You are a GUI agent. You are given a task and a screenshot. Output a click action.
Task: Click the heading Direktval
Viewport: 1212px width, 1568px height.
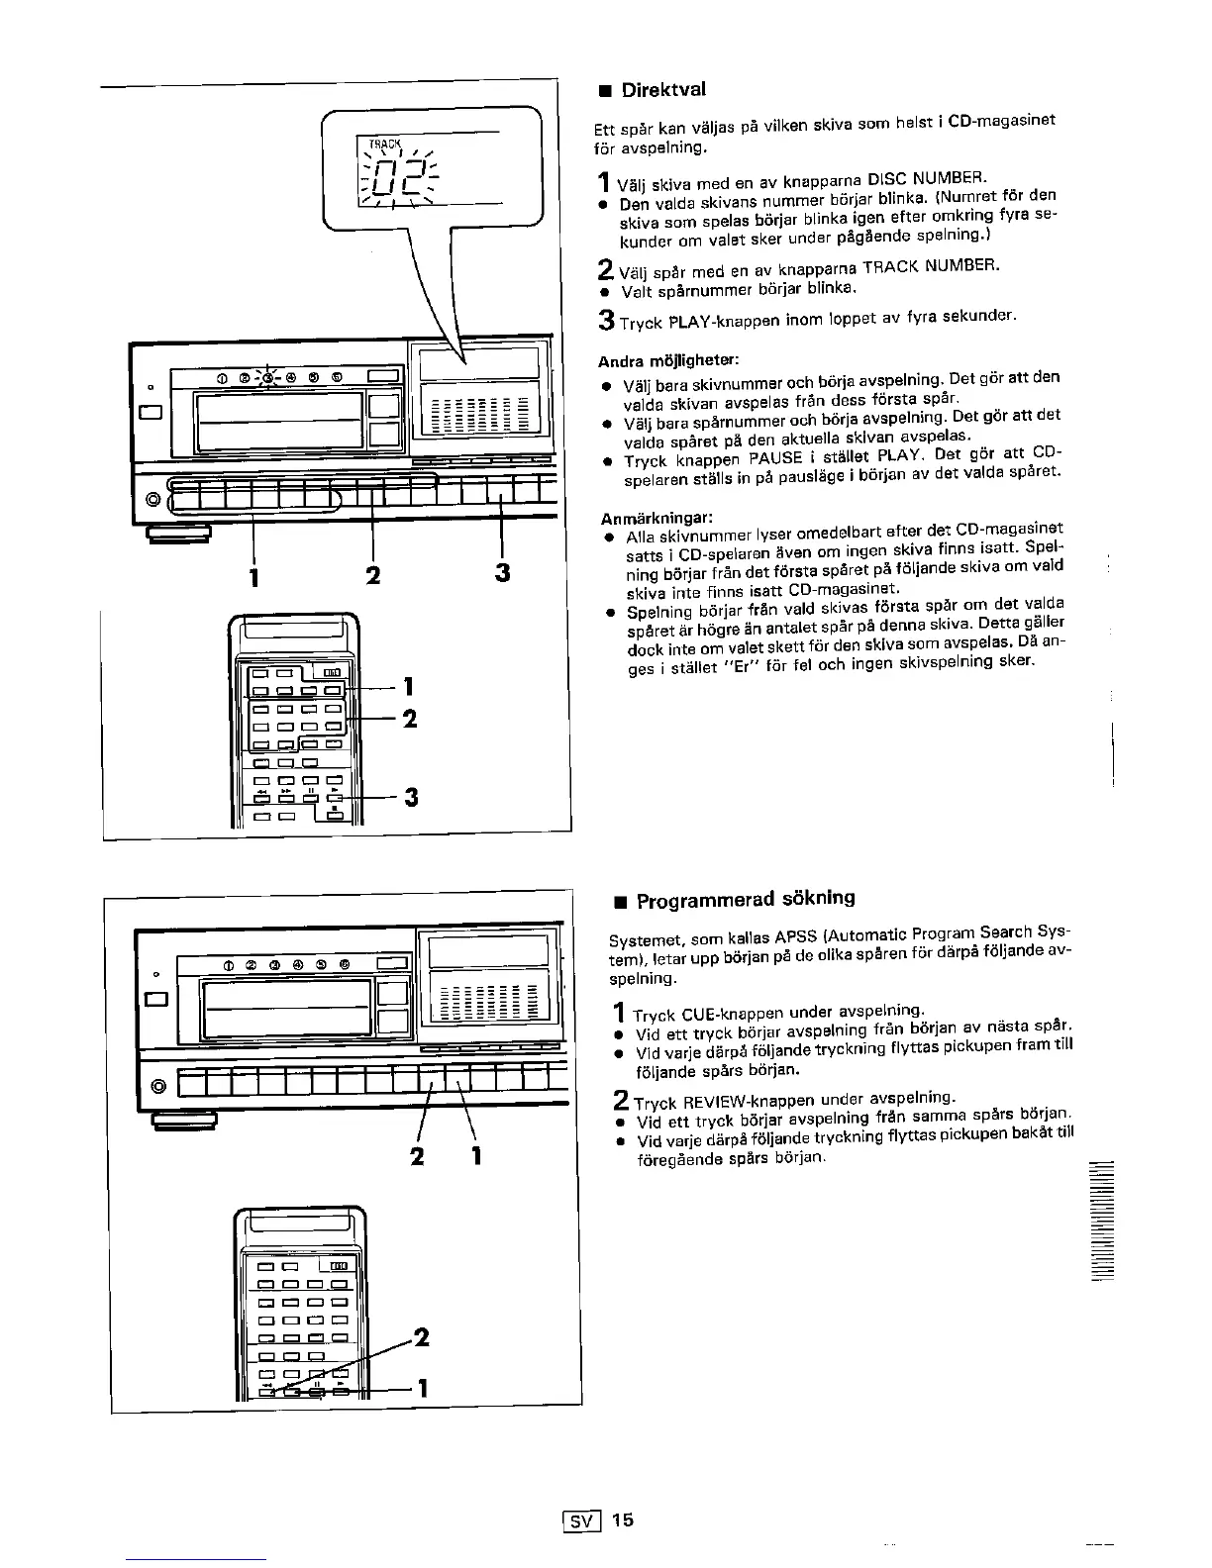pyautogui.click(x=662, y=90)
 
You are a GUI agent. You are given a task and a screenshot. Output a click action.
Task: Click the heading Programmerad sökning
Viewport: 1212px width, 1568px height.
pyautogui.click(x=745, y=900)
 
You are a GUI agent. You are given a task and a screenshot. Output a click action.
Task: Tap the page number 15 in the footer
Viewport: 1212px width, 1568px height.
pyautogui.click(x=622, y=1519)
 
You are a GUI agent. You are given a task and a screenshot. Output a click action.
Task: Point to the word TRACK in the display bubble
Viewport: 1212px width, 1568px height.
pyautogui.click(x=383, y=144)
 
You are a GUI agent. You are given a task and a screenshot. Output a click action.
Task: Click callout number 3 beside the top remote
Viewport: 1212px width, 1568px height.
pyautogui.click(x=411, y=796)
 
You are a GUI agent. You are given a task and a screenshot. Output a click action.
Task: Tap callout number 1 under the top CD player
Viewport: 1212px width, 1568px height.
pyautogui.click(x=255, y=574)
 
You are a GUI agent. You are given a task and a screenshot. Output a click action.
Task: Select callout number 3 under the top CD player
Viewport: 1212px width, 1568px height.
pyautogui.click(x=502, y=574)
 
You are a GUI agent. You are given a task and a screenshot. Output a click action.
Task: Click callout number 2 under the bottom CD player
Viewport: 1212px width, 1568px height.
pyautogui.click(x=417, y=1155)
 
